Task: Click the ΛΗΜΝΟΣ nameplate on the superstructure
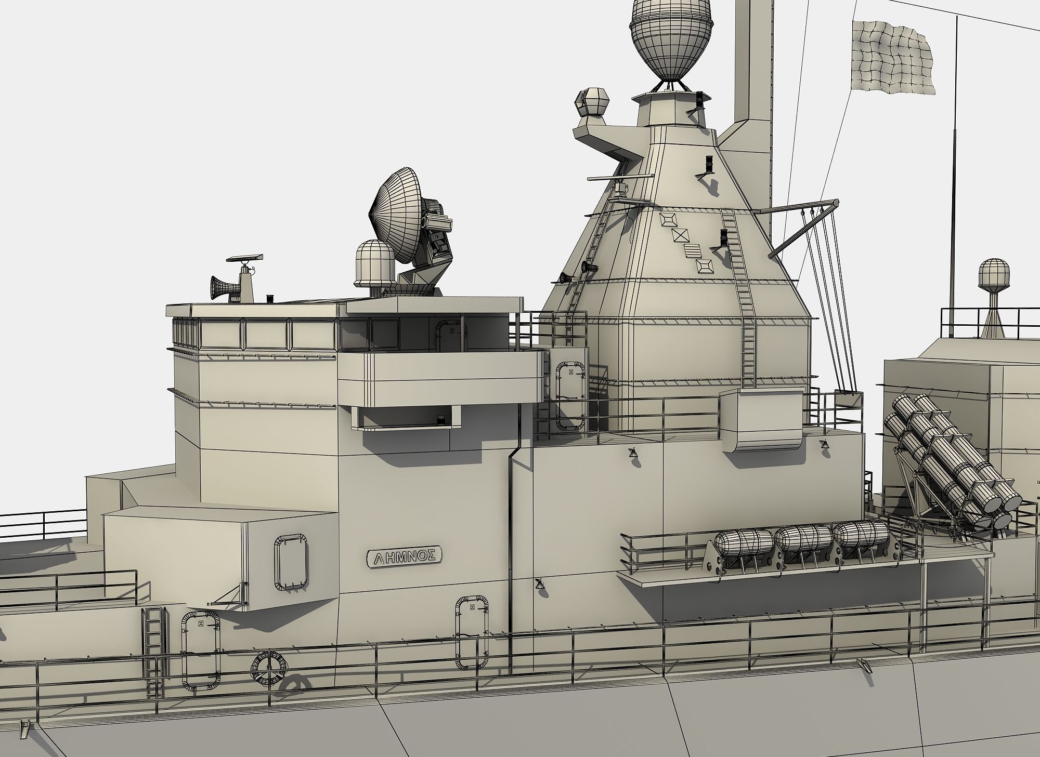tap(405, 557)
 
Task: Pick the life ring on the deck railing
tap(269, 667)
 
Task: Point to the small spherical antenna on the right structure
tap(994, 273)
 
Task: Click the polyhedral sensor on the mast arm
tap(593, 101)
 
